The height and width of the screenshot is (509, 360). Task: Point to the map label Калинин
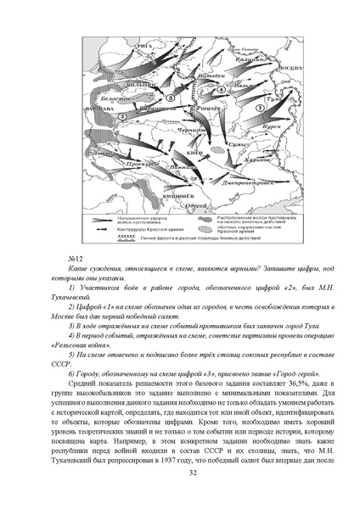pyautogui.click(x=250, y=59)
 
